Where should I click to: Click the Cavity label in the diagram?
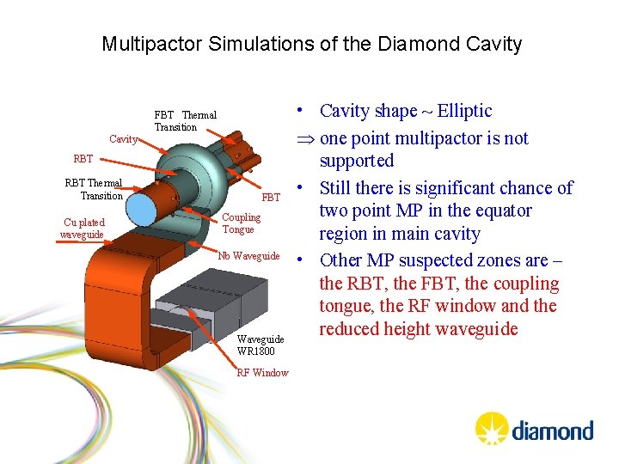[x=122, y=139]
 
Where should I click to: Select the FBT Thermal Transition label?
[x=185, y=121]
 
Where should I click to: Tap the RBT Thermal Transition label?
[x=94, y=189]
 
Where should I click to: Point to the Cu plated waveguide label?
[x=83, y=228]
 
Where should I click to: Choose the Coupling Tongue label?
[x=240, y=223]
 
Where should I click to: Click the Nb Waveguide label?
[x=248, y=256]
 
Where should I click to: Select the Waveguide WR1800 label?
[x=260, y=345]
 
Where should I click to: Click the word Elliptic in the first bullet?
[x=464, y=111]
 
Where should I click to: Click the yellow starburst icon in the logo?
[x=492, y=427]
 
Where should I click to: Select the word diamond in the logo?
[x=552, y=430]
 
